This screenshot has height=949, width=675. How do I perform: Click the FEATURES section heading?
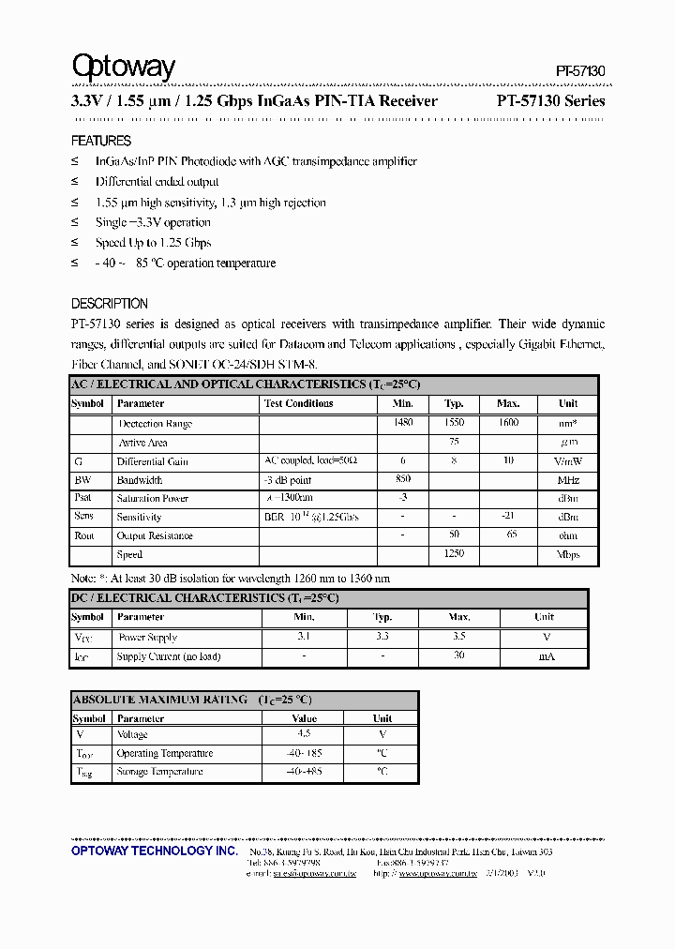point(101,141)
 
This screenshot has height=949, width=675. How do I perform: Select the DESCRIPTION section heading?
point(110,304)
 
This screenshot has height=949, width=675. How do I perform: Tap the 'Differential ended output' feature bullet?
point(157,182)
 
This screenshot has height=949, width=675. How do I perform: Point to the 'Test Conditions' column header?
point(298,403)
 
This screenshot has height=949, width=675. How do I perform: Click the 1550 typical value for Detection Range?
point(454,423)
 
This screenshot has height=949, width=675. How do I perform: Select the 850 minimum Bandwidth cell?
point(403,479)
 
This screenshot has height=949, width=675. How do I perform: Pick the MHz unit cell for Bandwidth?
point(568,480)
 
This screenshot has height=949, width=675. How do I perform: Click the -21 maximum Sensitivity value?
point(508,517)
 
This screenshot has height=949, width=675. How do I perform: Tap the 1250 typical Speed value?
point(454,554)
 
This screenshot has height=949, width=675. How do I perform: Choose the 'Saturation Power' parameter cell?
point(152,499)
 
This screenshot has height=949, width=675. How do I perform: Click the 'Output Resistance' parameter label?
point(155,536)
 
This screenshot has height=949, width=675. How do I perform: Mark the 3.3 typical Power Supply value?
point(382,636)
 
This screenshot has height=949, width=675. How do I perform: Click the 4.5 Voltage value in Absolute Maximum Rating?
point(304,734)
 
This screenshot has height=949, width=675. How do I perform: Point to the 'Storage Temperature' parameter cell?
point(159,772)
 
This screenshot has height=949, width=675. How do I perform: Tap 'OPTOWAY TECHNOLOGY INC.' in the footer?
point(155,851)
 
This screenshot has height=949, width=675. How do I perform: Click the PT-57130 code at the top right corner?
point(580,71)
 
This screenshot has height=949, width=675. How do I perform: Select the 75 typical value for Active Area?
point(454,442)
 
